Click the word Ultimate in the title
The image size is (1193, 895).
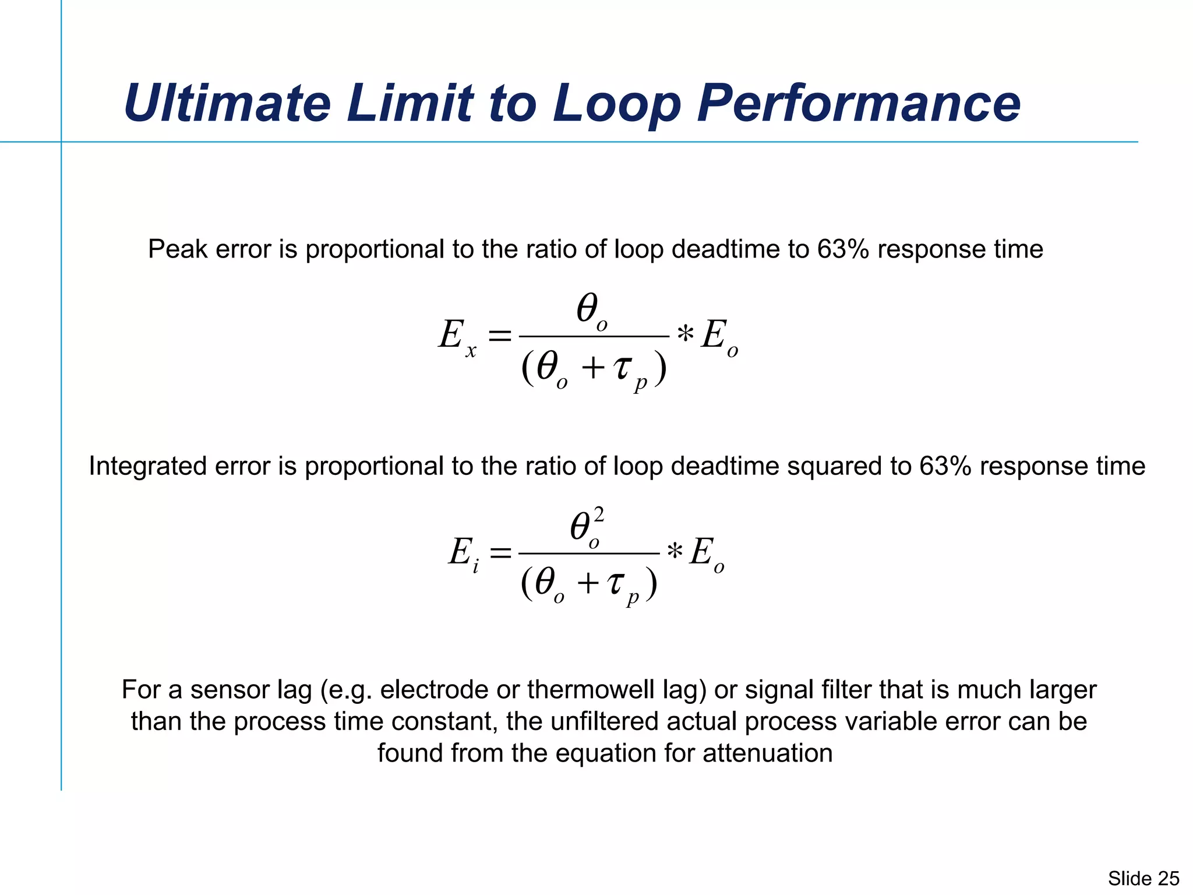(227, 103)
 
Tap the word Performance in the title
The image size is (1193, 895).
(858, 103)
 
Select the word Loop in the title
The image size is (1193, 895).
(617, 103)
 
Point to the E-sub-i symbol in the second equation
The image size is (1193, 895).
(464, 554)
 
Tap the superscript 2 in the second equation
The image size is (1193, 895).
(598, 515)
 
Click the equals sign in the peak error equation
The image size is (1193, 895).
(499, 336)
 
